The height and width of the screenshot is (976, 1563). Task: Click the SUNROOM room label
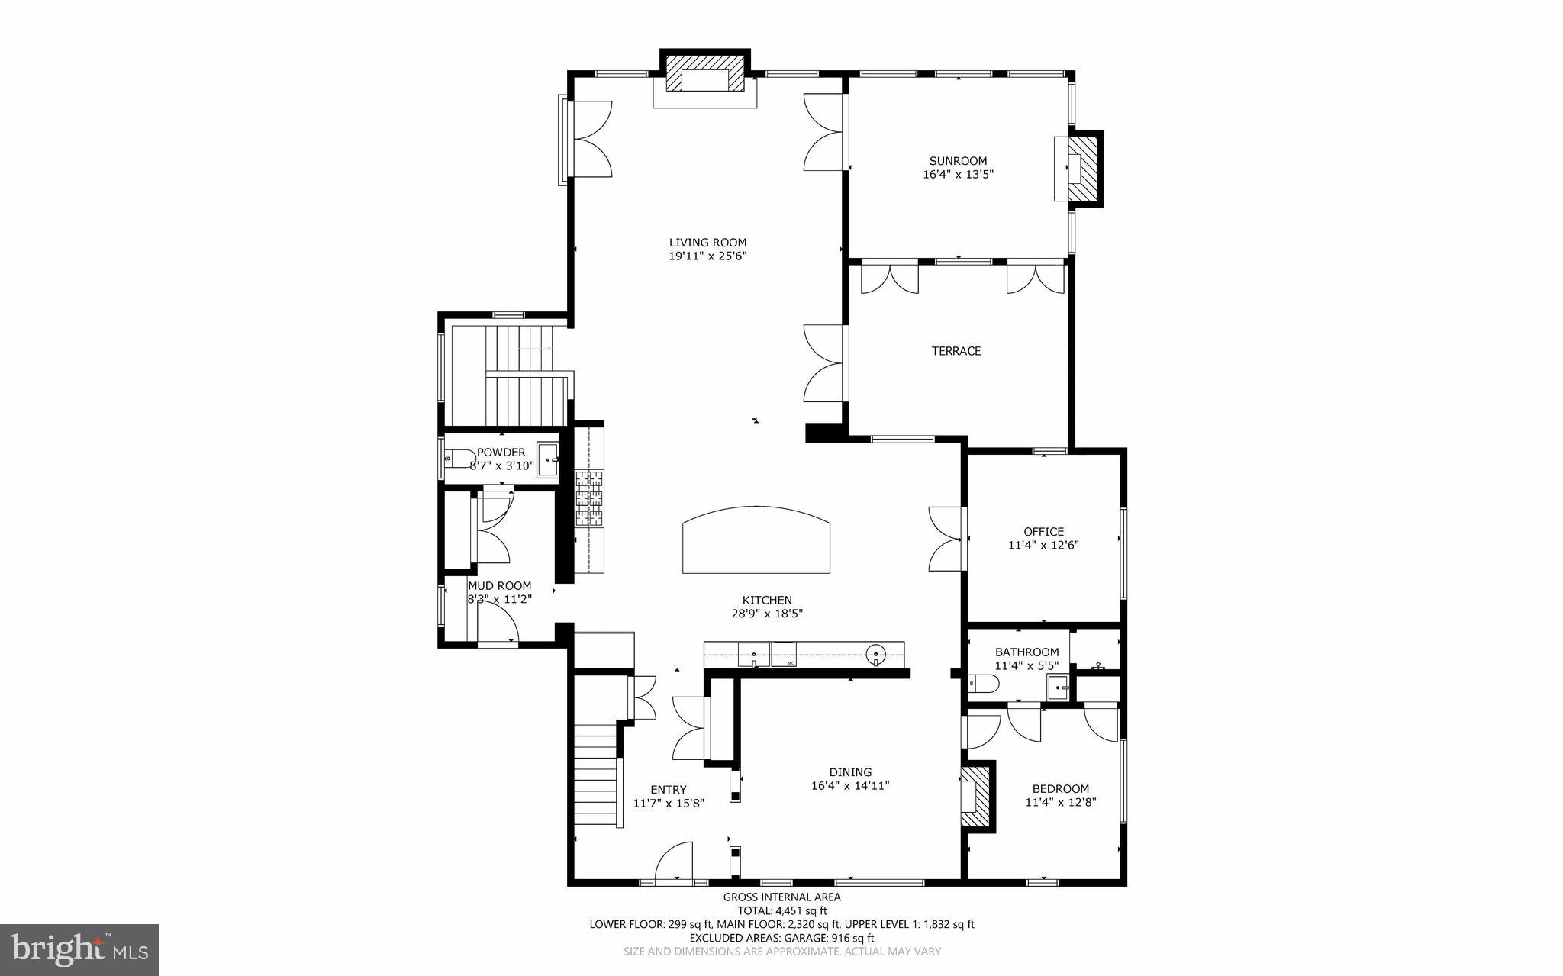click(958, 161)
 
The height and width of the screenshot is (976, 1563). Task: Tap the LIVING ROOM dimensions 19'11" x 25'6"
click(707, 256)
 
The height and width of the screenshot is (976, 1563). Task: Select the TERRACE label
click(956, 351)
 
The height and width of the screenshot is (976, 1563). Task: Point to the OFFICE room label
click(1043, 532)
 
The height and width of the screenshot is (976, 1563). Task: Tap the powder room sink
click(548, 459)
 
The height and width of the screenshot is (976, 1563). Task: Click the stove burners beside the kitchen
click(588, 499)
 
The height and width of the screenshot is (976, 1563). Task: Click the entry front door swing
click(675, 861)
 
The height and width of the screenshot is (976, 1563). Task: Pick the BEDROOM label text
click(1060, 789)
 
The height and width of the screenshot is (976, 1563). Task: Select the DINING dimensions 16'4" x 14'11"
click(850, 785)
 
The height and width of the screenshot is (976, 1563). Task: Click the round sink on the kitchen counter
click(876, 653)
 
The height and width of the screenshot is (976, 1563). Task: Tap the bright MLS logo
click(79, 949)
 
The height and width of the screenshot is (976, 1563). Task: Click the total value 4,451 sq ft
click(801, 910)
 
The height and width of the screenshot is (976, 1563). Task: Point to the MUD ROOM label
click(499, 586)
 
